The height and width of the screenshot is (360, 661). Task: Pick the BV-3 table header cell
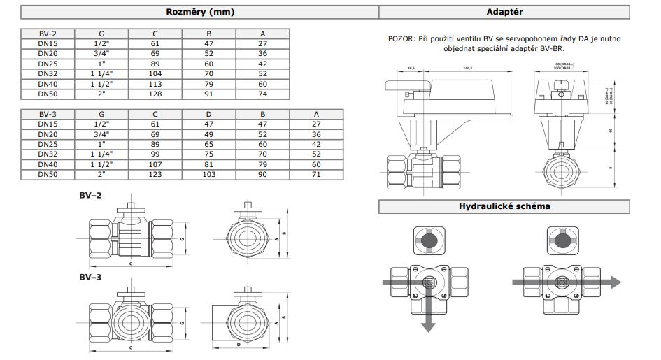click(x=48, y=113)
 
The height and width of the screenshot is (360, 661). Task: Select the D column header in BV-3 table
click(x=209, y=113)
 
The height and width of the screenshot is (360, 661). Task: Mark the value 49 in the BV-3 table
click(x=209, y=134)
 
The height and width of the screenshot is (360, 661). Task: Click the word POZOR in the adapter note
click(x=400, y=39)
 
